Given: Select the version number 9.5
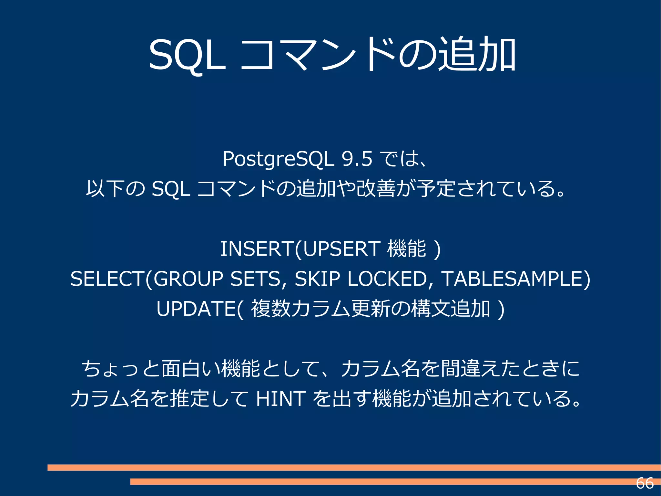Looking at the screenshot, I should pos(357,159).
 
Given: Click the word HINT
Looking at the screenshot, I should pos(280,398).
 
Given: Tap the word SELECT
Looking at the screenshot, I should pos(107,279).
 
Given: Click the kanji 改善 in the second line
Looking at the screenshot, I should pos(376,188).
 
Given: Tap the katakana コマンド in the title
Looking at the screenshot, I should pos(318,55).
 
